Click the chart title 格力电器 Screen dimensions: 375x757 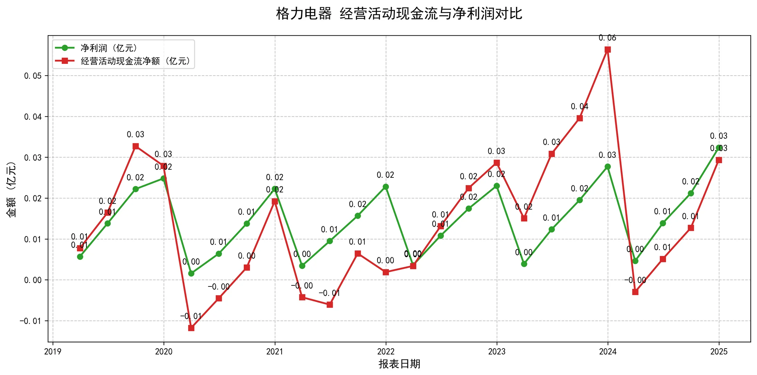[303, 14]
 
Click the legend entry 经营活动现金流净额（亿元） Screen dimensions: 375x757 [136, 61]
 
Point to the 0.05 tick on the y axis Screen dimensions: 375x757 [33, 76]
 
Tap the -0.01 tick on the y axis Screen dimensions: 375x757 [31, 321]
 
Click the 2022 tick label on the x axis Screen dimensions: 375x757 [385, 352]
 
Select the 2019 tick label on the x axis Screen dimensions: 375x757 [53, 352]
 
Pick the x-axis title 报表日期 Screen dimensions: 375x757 [399, 364]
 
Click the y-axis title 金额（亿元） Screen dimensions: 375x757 [11, 190]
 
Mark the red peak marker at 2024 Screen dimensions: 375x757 [608, 50]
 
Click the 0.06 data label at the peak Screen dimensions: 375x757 [607, 38]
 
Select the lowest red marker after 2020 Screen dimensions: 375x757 [191, 328]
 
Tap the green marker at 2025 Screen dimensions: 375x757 [719, 148]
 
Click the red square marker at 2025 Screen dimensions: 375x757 [719, 160]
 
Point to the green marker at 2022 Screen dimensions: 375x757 [385, 187]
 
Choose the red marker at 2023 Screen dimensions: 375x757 [497, 163]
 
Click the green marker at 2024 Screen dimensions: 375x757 [608, 167]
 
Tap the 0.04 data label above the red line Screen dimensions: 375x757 [580, 107]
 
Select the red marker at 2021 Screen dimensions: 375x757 [275, 201]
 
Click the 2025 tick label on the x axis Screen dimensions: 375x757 [719, 352]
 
